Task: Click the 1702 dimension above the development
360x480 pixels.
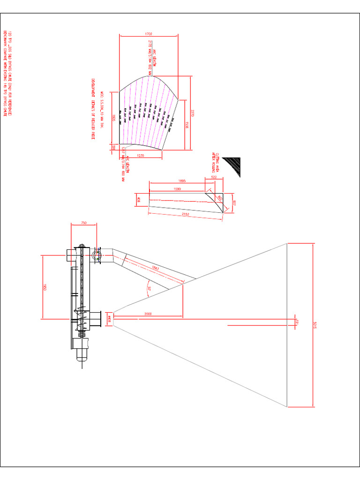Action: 149,34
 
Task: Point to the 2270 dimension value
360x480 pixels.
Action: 192,112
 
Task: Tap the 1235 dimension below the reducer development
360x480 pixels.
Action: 140,155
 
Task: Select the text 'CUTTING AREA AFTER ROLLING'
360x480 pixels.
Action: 215,162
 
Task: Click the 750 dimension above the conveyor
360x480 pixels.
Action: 84,223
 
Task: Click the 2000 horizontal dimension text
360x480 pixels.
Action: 148,313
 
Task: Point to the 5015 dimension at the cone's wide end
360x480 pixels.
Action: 315,324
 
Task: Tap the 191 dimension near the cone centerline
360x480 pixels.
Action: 296,322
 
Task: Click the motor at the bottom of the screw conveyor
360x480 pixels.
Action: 82,352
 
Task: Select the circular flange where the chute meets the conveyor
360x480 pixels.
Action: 97,255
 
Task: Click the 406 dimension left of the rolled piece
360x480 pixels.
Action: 139,200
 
